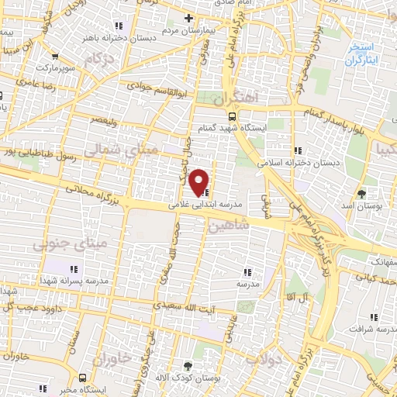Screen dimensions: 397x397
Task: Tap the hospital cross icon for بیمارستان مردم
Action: [188, 17]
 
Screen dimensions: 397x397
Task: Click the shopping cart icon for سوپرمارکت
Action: [56, 57]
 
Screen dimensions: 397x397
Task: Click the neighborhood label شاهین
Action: [230, 224]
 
